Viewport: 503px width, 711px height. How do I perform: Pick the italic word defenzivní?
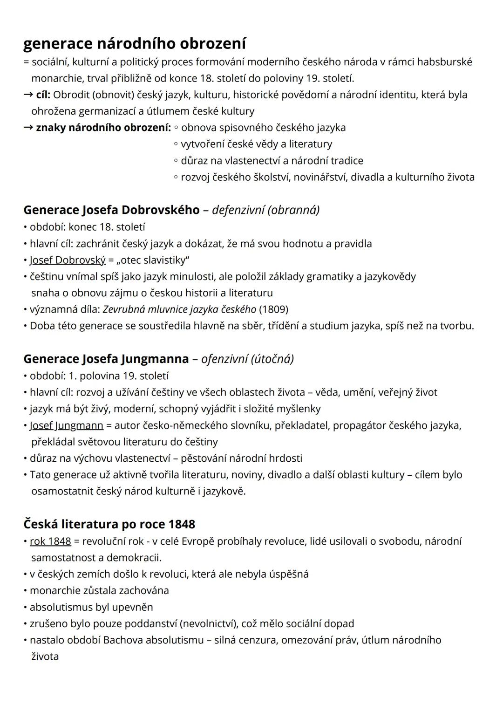(x=238, y=210)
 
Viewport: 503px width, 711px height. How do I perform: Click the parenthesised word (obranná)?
(x=293, y=210)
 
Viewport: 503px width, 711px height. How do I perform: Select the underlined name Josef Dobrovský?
(x=68, y=260)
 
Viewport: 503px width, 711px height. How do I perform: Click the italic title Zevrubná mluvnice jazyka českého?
(x=179, y=309)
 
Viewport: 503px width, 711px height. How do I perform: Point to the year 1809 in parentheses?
(x=273, y=309)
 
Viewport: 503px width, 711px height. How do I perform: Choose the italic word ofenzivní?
(x=224, y=359)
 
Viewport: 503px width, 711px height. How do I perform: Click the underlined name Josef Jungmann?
(x=67, y=425)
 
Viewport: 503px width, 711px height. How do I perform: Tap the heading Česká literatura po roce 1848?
(x=109, y=524)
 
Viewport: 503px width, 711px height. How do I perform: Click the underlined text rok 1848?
(x=50, y=541)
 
